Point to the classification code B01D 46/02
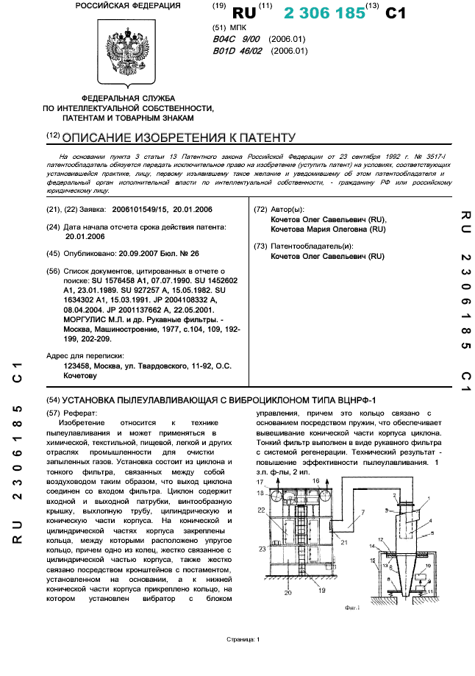(238, 51)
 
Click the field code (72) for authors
(260, 210)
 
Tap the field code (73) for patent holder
(260, 246)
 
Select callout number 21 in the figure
(344, 562)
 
